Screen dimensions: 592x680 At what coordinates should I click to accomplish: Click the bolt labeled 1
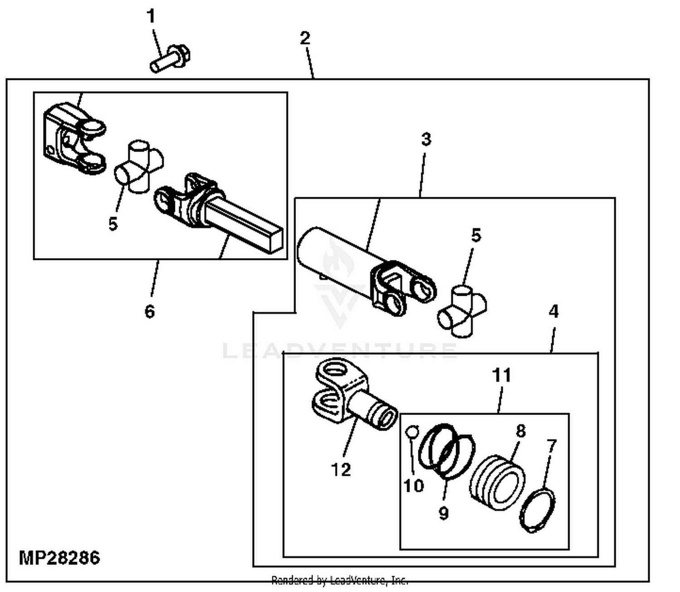170,59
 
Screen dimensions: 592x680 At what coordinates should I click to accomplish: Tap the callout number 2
305,38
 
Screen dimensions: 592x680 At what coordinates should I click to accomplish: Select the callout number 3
426,139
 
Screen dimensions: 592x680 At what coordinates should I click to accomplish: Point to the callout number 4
553,312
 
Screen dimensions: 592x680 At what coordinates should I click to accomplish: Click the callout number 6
150,312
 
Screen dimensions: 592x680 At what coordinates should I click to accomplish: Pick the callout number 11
501,376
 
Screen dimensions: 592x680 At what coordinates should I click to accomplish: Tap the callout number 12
341,470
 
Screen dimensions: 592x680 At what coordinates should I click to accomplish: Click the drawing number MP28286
59,558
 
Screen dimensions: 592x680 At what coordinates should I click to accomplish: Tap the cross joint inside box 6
138,166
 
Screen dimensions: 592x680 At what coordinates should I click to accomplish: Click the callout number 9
443,513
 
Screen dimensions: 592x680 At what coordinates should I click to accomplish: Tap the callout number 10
413,486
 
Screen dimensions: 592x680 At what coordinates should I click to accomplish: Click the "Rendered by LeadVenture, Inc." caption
340,580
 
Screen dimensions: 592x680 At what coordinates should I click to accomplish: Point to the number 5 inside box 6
113,224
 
